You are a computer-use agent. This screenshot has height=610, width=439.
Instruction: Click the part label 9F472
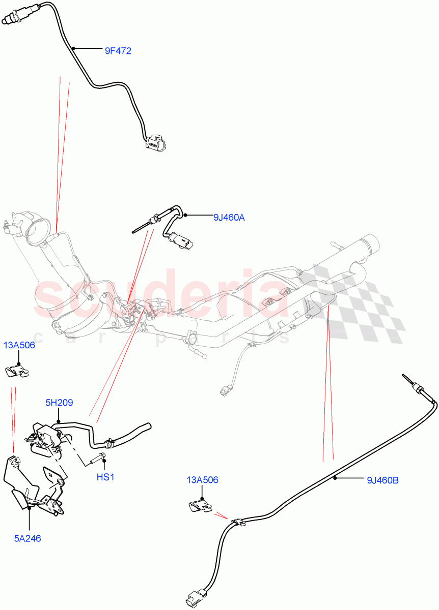118,51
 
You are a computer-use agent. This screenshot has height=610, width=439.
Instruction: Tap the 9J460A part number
229,218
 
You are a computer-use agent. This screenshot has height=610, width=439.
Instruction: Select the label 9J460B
382,479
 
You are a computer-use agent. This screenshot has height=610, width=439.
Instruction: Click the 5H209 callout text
59,403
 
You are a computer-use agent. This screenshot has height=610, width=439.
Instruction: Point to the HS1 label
105,477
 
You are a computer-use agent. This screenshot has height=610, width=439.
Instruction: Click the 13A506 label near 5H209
19,346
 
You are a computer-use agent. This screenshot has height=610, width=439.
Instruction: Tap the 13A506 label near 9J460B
202,480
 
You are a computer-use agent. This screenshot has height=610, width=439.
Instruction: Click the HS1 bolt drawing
97,458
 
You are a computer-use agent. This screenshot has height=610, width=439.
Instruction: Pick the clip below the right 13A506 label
200,506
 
